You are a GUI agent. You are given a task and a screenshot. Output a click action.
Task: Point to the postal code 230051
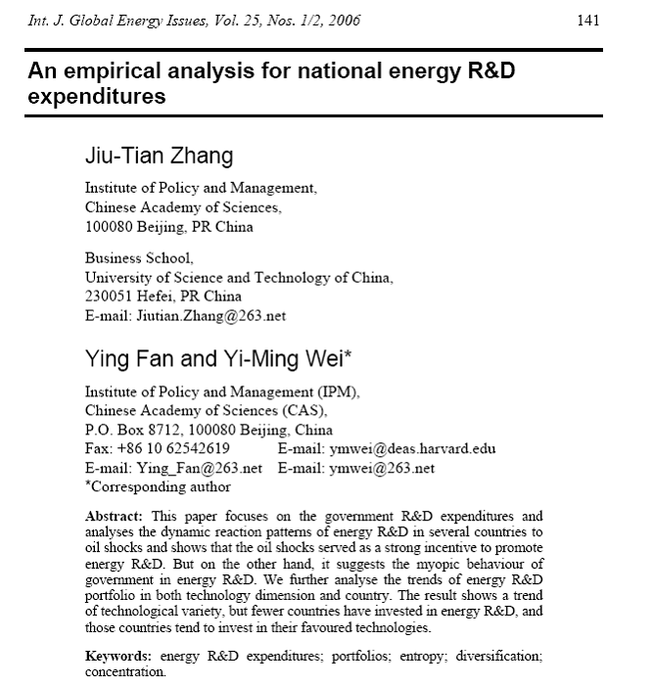click(x=110, y=297)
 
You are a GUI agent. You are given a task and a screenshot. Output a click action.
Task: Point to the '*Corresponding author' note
click(x=158, y=485)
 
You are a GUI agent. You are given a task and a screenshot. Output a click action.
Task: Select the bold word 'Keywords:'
click(x=119, y=655)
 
